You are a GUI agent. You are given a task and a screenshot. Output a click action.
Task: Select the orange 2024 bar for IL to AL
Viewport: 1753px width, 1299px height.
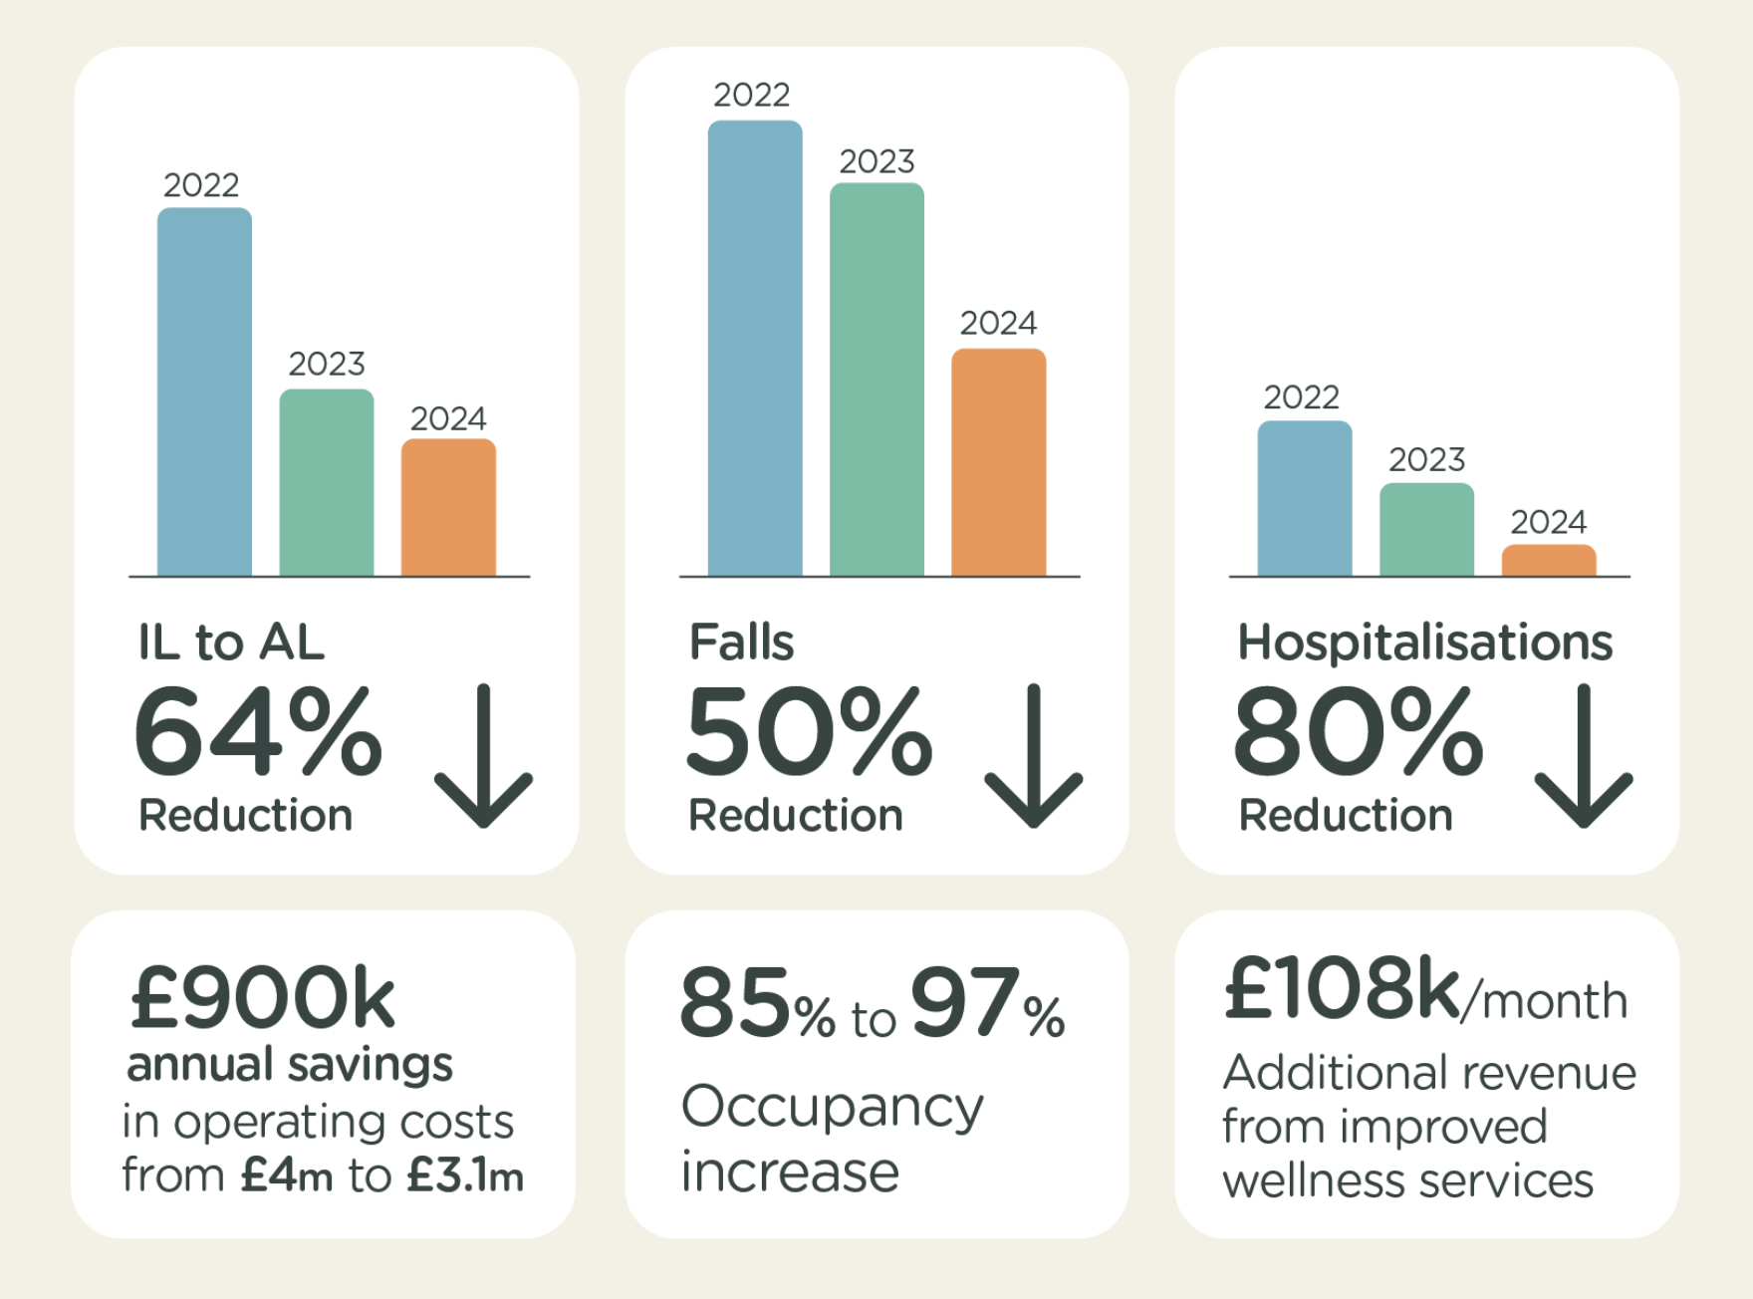[448, 507]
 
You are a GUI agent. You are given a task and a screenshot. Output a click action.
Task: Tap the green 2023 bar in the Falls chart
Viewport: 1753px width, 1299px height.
[876, 380]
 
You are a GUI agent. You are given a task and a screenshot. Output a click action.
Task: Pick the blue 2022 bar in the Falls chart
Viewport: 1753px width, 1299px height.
[755, 348]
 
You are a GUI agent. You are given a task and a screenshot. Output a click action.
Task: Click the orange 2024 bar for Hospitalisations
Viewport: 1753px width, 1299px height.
[1549, 561]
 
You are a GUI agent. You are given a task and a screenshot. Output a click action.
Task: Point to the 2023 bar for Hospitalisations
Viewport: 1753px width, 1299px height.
[1426, 530]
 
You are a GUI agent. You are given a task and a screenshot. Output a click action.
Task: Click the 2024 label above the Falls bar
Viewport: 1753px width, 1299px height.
[998, 323]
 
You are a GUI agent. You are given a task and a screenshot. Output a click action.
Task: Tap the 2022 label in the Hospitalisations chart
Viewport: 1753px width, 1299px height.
[1301, 397]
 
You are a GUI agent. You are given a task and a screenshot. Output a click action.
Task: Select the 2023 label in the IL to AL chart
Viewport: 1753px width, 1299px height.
[327, 364]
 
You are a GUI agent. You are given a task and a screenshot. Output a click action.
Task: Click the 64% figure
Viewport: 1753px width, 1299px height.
[258, 732]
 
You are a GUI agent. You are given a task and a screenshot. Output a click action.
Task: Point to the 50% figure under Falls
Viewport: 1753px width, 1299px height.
[809, 732]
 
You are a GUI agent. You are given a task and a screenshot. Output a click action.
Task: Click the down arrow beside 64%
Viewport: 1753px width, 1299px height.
[484, 756]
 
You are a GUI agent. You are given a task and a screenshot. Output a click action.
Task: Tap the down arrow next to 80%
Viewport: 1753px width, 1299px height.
[1584, 756]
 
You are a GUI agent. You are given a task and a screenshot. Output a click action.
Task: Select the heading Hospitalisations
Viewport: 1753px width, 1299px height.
[1424, 643]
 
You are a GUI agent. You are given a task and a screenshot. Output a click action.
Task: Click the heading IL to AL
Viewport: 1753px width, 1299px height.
[231, 643]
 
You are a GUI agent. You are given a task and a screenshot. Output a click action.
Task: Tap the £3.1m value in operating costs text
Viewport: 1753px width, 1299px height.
[465, 1175]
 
